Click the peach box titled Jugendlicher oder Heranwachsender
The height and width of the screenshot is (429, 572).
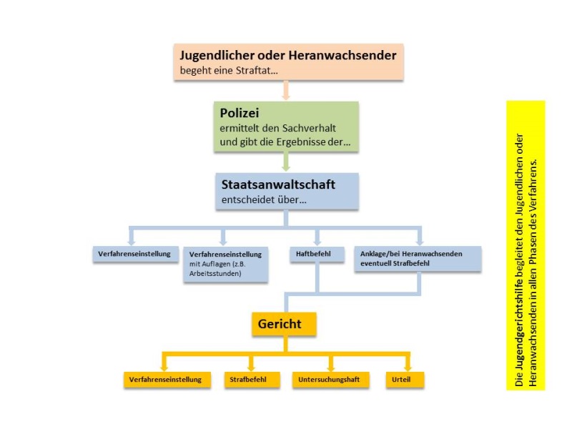point(287,61)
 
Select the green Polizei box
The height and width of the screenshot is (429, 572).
point(286,127)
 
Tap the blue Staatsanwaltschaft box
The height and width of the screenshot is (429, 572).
point(286,190)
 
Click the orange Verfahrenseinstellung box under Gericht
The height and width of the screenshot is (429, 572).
point(166,379)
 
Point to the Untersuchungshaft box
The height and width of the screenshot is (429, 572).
point(330,379)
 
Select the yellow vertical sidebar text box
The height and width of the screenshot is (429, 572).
point(526,245)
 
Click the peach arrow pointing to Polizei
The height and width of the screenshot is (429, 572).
point(286,90)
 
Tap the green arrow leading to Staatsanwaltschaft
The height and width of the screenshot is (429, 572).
point(286,162)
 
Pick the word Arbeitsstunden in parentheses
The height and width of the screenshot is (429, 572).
point(215,273)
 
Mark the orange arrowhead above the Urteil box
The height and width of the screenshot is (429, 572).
point(408,365)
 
